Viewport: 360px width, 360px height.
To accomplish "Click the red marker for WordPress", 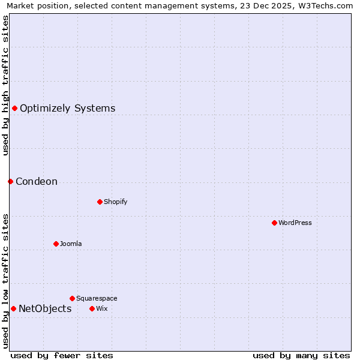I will coord(274,223).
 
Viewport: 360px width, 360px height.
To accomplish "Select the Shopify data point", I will coord(100,202).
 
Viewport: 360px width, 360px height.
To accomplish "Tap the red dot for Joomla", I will coord(56,244).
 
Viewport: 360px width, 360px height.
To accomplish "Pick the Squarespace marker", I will coord(72,298).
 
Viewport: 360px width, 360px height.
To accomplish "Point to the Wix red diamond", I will coord(92,308).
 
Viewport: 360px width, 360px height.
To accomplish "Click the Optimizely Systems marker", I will coord(14,108).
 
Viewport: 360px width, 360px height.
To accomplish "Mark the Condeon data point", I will coord(10,181).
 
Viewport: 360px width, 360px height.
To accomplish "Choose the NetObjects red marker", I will coord(13,308).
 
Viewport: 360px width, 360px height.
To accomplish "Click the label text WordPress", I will coord(295,223).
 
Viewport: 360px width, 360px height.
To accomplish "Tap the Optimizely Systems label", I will coord(68,109).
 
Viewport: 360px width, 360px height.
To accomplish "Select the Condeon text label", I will coord(37,182).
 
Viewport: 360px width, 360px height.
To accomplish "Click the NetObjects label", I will coord(45,309).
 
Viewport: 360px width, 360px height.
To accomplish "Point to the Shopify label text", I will coord(116,202).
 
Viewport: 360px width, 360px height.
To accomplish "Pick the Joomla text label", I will coord(71,244).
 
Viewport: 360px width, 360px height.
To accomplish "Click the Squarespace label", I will coord(97,299).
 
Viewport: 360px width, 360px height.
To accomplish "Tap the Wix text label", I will coord(102,309).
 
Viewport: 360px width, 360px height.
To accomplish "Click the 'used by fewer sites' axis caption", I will coord(62,355).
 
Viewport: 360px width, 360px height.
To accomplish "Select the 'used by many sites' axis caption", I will coord(301,355).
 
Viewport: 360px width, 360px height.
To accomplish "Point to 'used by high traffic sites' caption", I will coord(6,85).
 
